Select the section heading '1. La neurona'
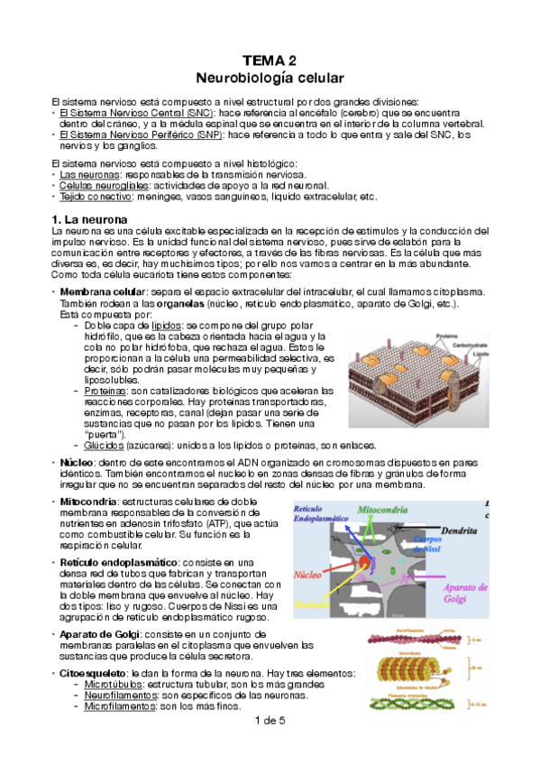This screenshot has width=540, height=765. click(89, 219)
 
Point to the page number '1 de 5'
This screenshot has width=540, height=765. click(270, 720)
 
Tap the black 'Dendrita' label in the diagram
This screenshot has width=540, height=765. click(463, 533)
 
